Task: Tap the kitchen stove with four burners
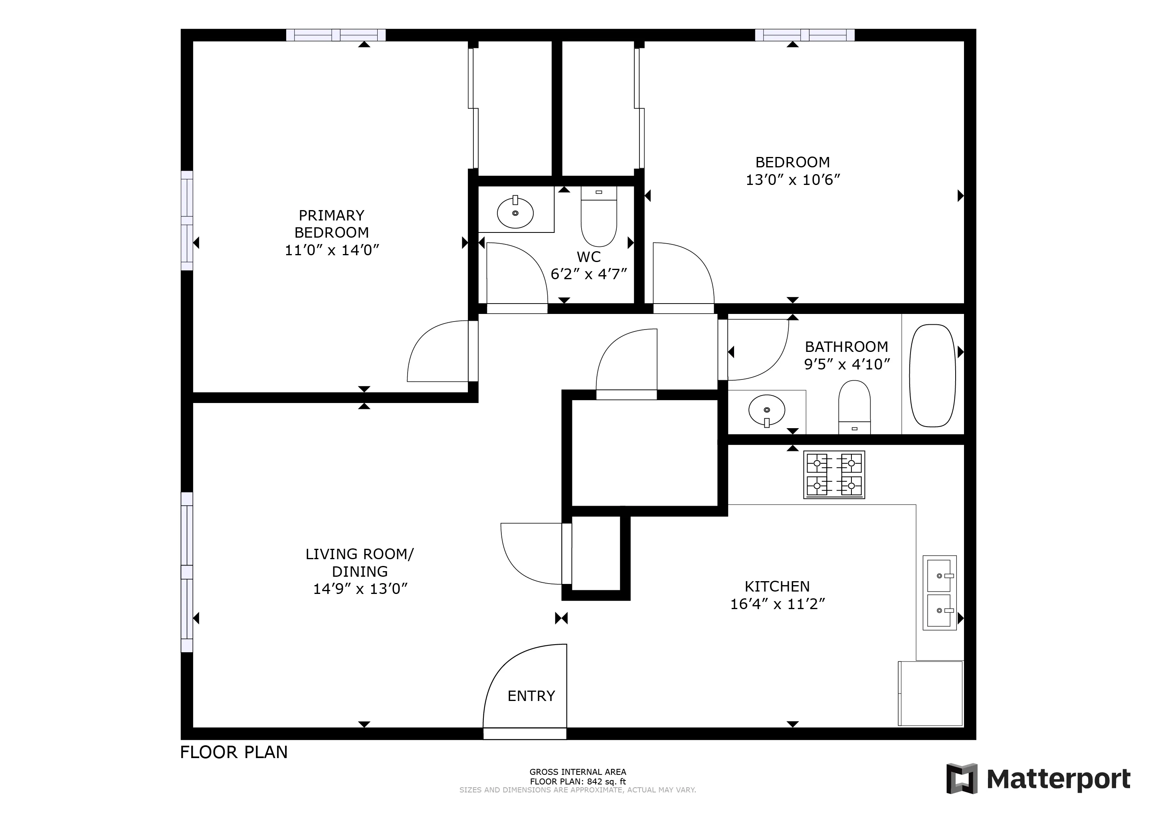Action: coord(834,475)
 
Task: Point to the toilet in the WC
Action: coord(599,216)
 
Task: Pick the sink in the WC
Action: coord(515,212)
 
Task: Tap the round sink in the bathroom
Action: coord(766,409)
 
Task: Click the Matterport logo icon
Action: coord(961,779)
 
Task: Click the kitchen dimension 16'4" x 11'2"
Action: coord(777,604)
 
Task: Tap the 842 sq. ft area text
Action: coord(578,782)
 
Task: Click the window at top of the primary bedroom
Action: coord(336,35)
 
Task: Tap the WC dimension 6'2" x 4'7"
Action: coord(588,274)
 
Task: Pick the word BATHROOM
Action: coord(846,347)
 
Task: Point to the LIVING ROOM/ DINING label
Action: coord(360,563)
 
